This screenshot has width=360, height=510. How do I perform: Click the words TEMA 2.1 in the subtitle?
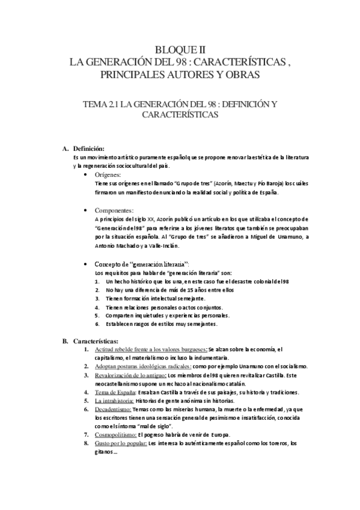[100, 104]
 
